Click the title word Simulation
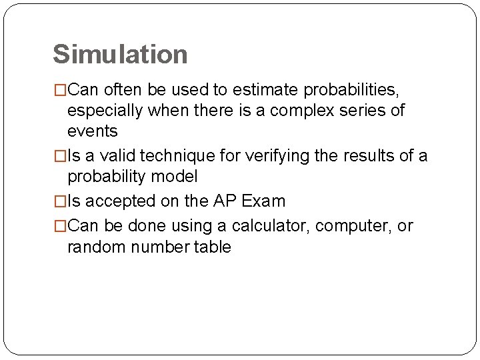(120, 54)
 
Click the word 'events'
(93, 131)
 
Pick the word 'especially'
(105, 110)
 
